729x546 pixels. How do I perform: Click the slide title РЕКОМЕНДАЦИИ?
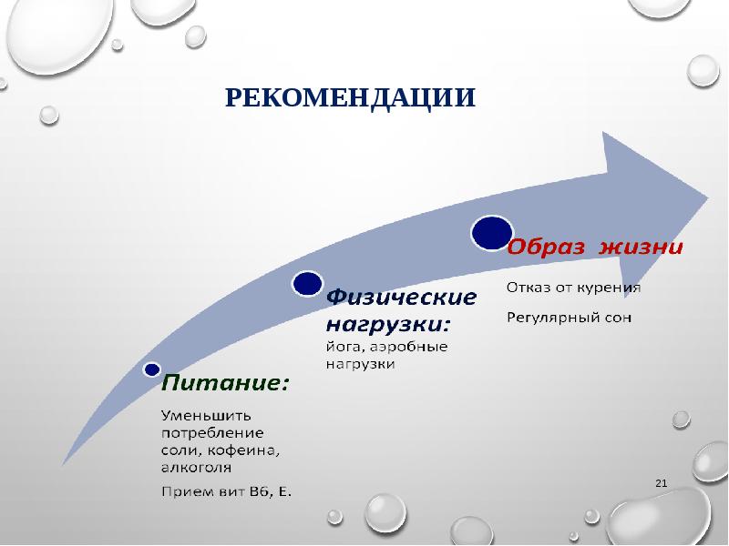coord(351,97)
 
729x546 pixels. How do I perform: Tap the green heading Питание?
coord(225,383)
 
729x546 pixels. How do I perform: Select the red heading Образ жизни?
coord(595,248)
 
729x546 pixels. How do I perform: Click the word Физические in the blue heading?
coord(401,298)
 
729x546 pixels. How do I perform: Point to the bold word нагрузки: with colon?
coord(389,325)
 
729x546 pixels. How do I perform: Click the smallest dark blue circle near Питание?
coord(152,369)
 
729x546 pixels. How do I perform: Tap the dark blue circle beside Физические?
coord(307,284)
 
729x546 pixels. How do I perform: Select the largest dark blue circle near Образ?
coord(492,233)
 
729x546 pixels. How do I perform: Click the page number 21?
coord(661,483)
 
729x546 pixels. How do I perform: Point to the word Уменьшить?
coord(207,415)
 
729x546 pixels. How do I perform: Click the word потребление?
coord(212,434)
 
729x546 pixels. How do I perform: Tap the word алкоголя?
coord(196,467)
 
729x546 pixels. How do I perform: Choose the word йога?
coord(342,347)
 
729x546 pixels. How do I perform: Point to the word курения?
coord(608,288)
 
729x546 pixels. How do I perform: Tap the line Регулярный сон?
coord(569,318)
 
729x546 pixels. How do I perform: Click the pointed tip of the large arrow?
coord(708,197)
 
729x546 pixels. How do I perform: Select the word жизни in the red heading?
coord(641,248)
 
